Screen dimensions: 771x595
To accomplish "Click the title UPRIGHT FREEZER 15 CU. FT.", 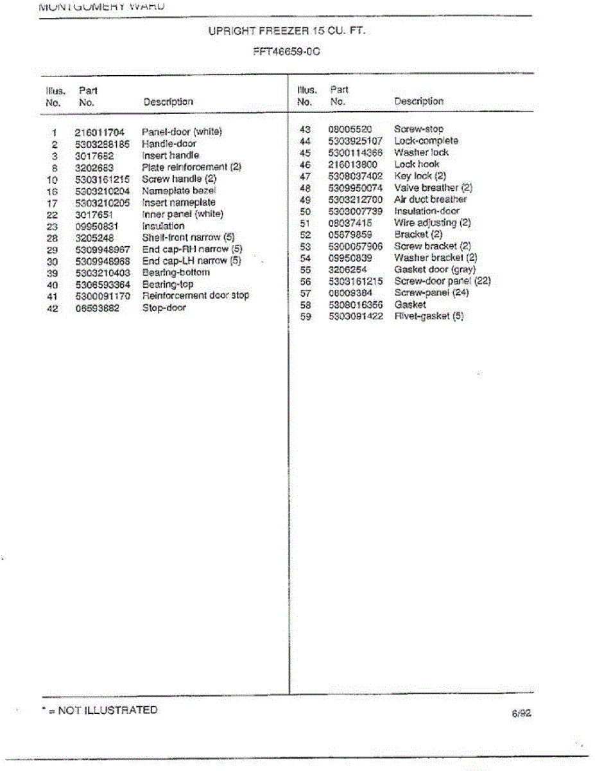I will point(287,30).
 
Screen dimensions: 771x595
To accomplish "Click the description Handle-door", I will point(169,144).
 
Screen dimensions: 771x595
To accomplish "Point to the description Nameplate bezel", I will point(179,191).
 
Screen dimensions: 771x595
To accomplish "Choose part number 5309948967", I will point(103,249).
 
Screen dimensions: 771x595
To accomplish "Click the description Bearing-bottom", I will point(176,272).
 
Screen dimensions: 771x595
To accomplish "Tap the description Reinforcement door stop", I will point(195,296).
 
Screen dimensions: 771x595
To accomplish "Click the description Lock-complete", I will point(426,141).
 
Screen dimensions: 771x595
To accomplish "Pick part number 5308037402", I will point(355,176).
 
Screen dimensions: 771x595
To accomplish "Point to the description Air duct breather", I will point(431,199).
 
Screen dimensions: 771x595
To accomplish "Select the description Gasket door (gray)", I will point(435,269).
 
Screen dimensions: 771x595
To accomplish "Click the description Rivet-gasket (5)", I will point(429,316).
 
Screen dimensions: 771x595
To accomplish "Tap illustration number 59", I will point(306,316).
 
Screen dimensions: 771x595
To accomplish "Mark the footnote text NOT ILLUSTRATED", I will point(107,710).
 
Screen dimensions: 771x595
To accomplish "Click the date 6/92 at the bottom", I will point(521,713).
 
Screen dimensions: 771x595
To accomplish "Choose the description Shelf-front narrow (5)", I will point(188,238).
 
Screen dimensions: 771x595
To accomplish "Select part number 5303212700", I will point(355,199).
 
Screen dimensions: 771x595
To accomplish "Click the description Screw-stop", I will point(418,129).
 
